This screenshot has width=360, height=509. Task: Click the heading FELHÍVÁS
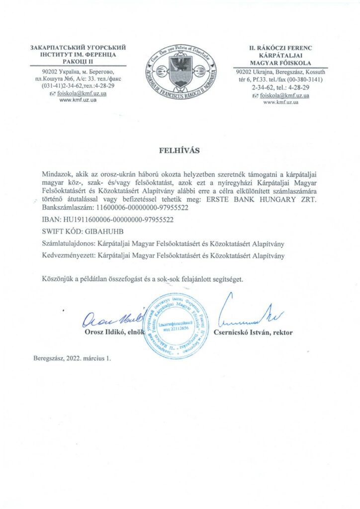click(x=180, y=149)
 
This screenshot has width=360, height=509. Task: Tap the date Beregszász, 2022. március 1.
click(x=72, y=358)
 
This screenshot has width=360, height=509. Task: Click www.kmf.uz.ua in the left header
click(x=78, y=100)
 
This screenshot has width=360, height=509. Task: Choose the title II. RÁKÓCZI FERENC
click(x=280, y=48)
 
